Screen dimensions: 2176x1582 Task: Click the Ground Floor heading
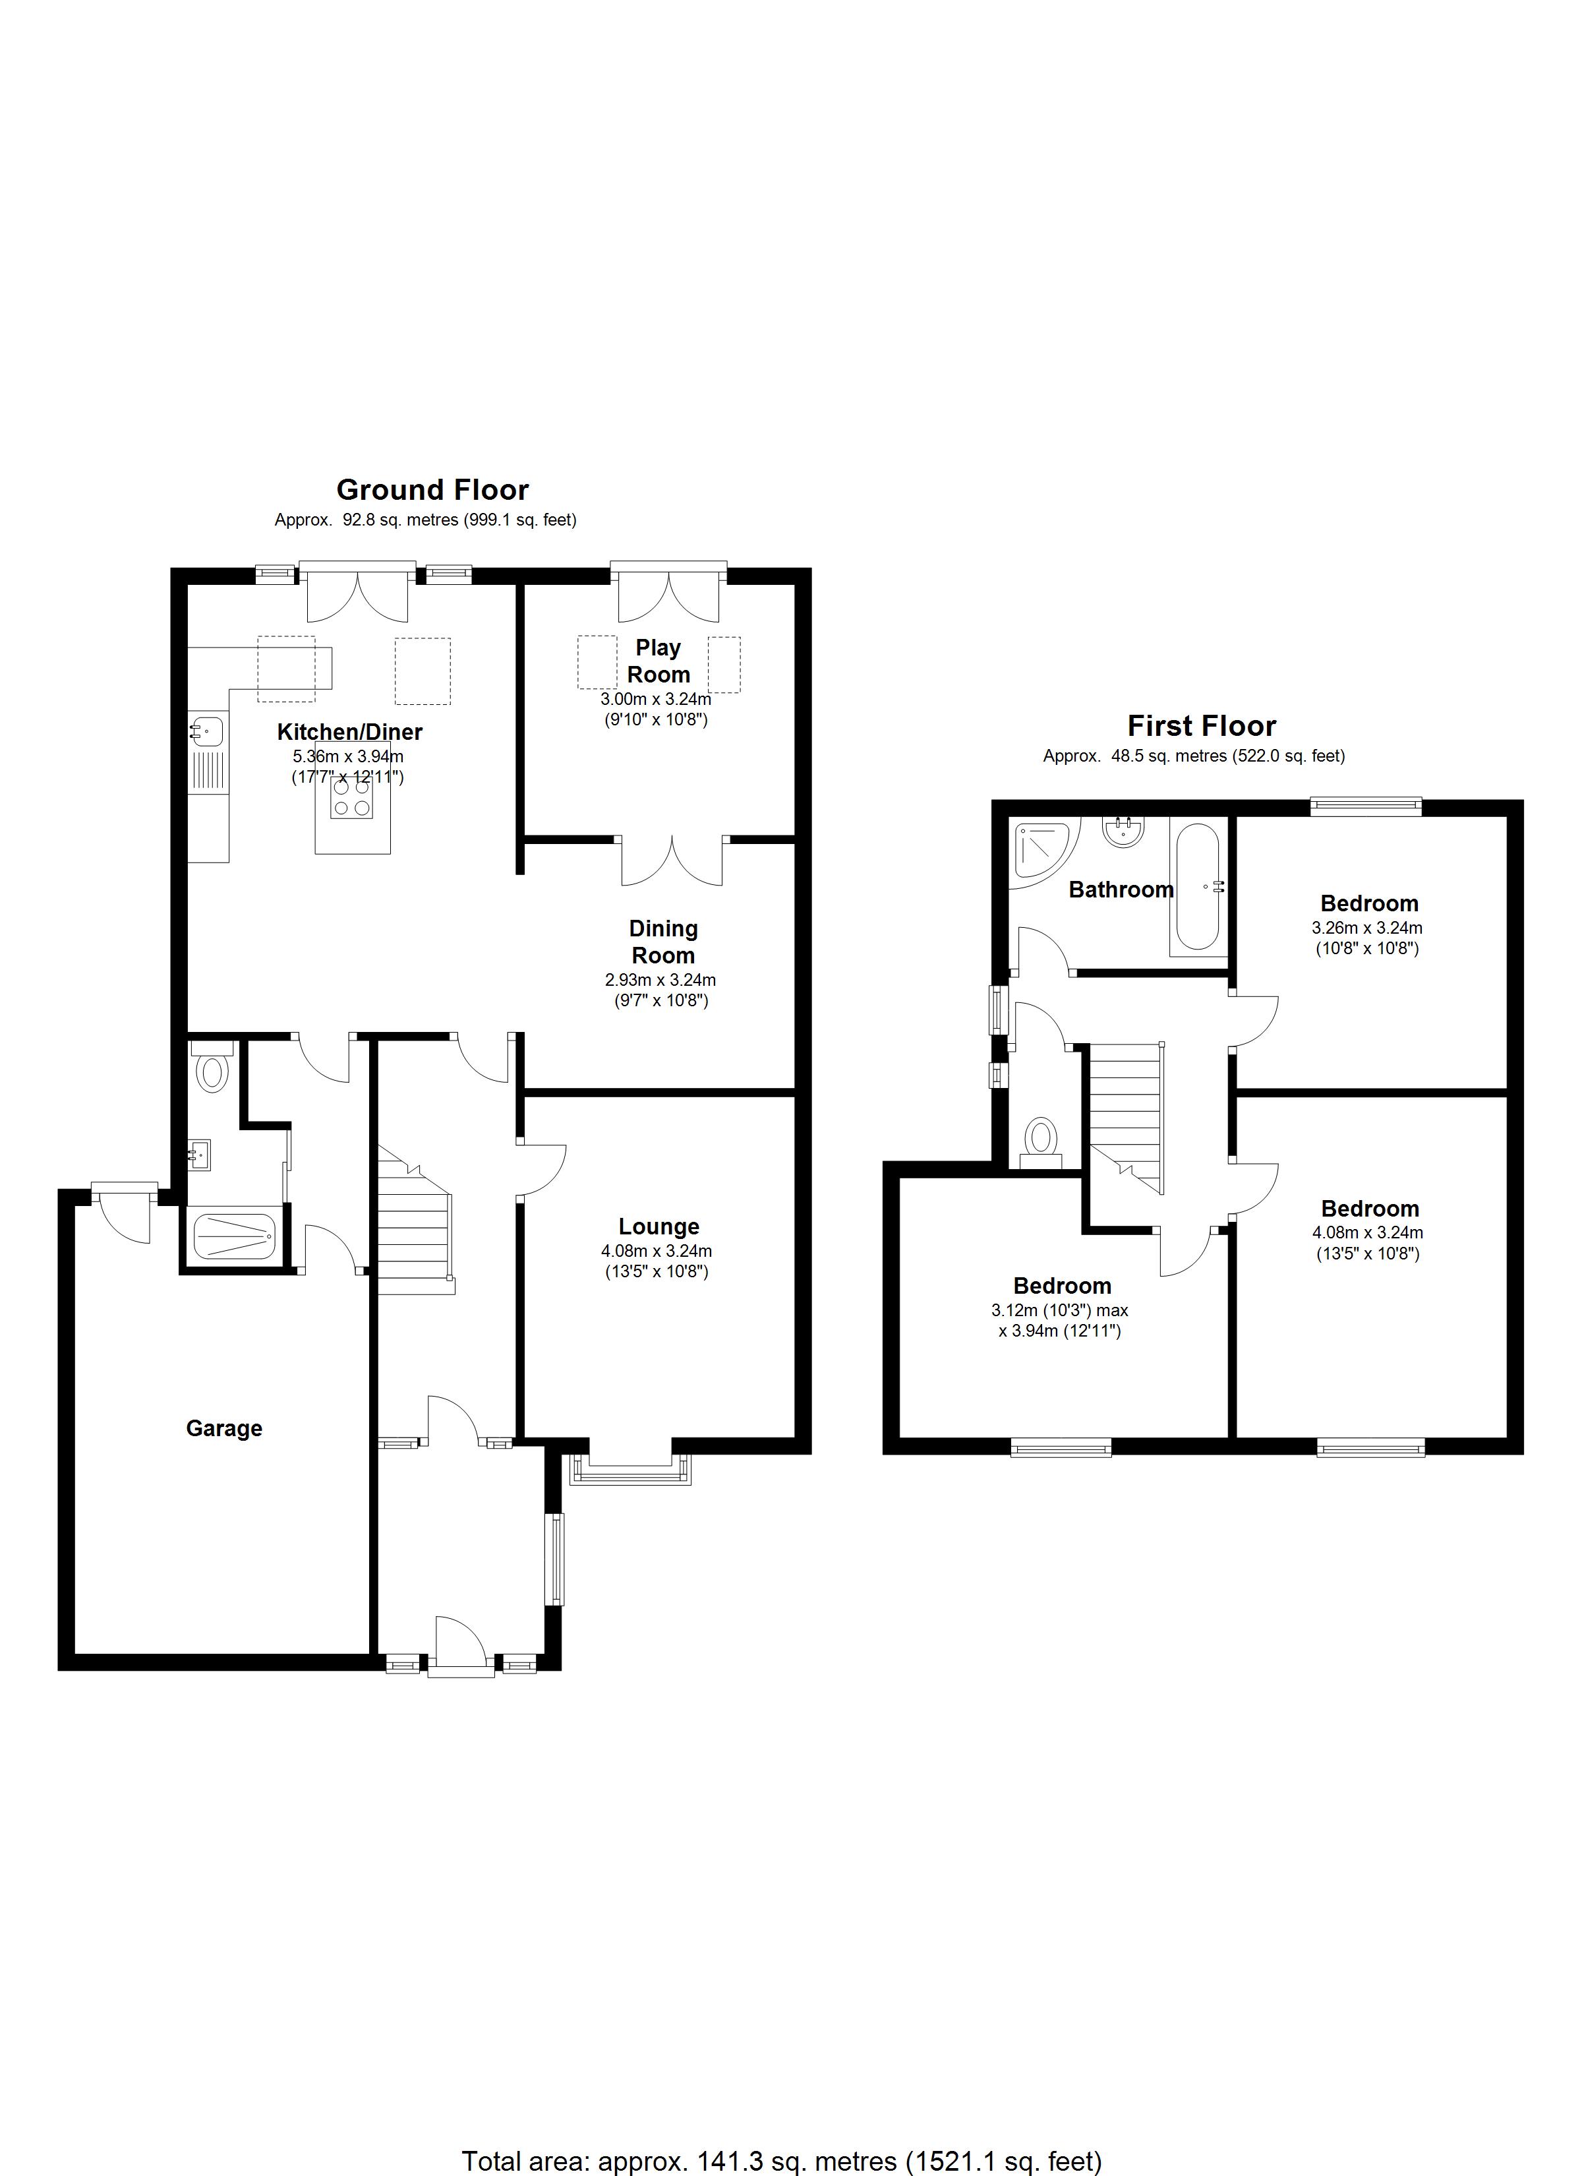point(432,491)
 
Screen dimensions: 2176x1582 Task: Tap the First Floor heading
point(1201,725)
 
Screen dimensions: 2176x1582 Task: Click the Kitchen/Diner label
point(349,732)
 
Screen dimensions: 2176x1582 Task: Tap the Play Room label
point(658,661)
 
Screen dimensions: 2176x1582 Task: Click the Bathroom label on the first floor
point(1121,890)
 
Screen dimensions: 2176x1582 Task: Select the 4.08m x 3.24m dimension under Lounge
point(657,1251)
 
